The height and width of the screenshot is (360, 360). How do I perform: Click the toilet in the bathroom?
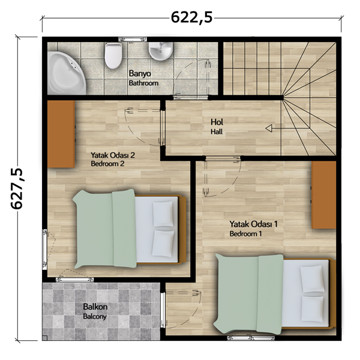click(113, 56)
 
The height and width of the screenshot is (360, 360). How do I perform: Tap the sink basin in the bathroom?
click(161, 51)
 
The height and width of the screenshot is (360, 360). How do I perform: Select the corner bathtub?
click(67, 73)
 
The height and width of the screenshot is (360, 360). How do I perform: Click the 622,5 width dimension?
click(192, 17)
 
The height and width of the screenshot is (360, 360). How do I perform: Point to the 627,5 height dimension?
click(17, 188)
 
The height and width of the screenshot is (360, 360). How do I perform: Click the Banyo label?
click(140, 74)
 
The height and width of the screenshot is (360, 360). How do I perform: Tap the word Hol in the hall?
click(217, 122)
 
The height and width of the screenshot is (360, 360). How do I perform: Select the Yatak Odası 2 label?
click(113, 155)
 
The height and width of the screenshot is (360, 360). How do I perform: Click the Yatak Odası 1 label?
click(253, 224)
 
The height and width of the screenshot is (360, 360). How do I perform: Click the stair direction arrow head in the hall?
click(269, 128)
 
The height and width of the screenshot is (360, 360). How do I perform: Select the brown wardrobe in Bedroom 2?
click(61, 134)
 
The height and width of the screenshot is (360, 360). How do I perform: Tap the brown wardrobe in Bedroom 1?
click(324, 195)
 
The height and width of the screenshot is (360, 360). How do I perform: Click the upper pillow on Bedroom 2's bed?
click(163, 214)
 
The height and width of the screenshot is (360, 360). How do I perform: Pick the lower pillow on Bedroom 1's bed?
click(312, 309)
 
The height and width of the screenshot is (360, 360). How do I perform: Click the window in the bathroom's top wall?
click(133, 39)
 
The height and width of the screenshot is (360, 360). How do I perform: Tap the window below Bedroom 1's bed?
click(251, 338)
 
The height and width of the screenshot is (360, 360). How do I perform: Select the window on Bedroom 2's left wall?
click(44, 249)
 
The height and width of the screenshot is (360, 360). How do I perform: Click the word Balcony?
click(95, 317)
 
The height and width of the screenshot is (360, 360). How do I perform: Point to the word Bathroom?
click(143, 83)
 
